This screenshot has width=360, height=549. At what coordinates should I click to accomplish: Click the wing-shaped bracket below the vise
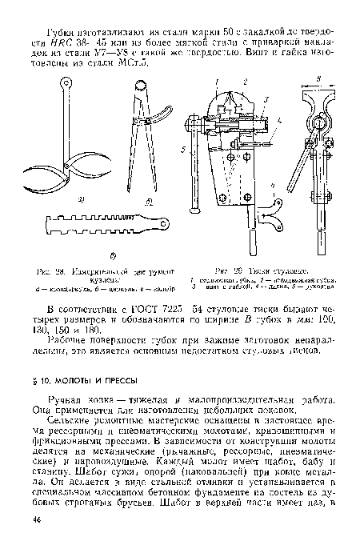point(273,216)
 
